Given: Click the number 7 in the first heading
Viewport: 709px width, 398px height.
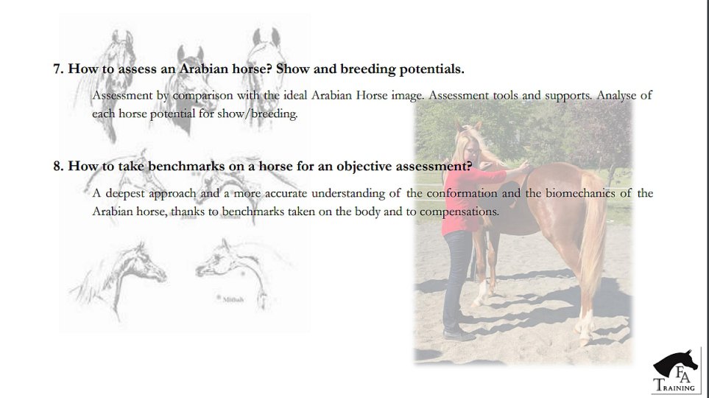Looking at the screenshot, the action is pyautogui.click(x=57, y=69).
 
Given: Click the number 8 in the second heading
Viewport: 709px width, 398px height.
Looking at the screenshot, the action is pyautogui.click(x=57, y=166).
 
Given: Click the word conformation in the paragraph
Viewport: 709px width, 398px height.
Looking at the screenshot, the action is pyautogui.click(x=462, y=193).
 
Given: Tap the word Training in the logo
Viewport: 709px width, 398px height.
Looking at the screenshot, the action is pyautogui.click(x=674, y=385).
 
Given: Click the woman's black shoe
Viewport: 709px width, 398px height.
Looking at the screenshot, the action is pyautogui.click(x=459, y=335).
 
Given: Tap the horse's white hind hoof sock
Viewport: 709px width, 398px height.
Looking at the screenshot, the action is pyautogui.click(x=585, y=324).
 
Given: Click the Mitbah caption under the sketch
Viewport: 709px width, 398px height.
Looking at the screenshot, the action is pyautogui.click(x=233, y=299).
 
